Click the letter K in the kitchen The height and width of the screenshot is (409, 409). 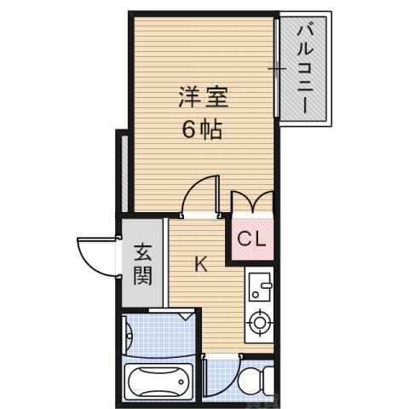pos(200,264)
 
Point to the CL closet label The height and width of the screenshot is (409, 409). pos(251,240)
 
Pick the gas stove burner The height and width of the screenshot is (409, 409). pos(257,323)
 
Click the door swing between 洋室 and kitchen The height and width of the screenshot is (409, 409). pos(200,196)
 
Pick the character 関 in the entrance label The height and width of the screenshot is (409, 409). pos(141,276)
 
